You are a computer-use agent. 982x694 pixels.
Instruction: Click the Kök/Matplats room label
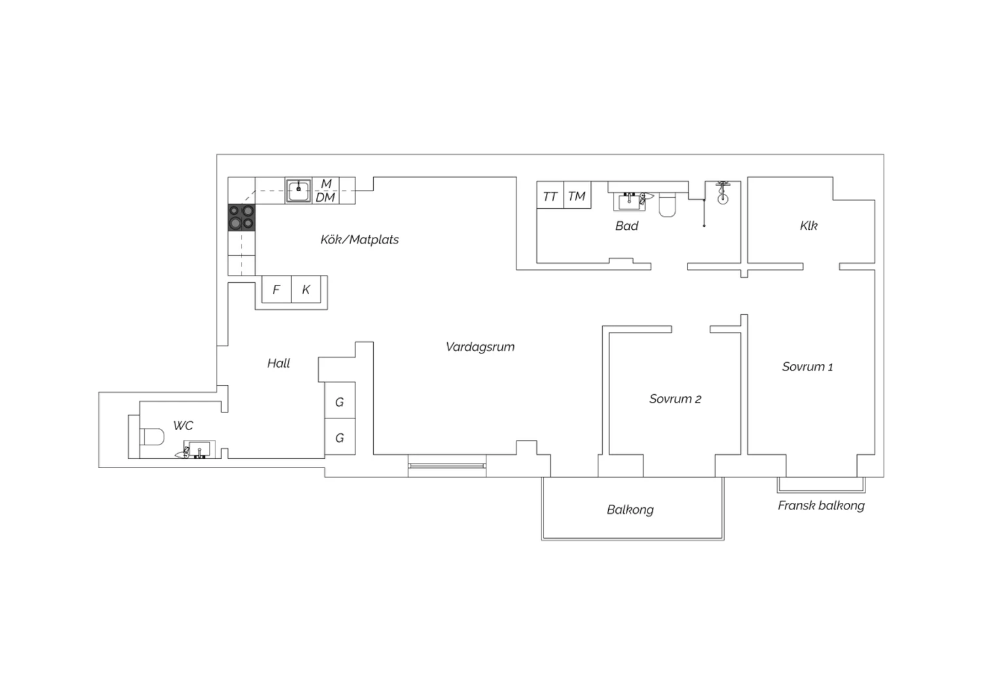click(x=359, y=240)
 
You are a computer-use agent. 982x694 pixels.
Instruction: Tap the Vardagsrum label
click(x=480, y=347)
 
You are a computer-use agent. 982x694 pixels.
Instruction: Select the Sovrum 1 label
click(x=807, y=367)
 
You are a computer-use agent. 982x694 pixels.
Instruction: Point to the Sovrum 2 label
click(x=675, y=399)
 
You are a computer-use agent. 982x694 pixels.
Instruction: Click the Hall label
click(x=278, y=363)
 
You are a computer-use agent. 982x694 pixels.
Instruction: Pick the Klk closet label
click(x=809, y=226)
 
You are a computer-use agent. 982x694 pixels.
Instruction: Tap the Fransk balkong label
click(x=821, y=506)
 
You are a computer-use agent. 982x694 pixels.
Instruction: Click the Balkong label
click(x=630, y=509)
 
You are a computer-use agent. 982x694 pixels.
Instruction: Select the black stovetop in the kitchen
click(x=242, y=217)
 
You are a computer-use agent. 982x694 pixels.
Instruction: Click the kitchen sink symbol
click(x=299, y=191)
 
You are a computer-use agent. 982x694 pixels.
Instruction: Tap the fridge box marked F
click(x=277, y=289)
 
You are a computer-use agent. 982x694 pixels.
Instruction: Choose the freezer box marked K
click(x=306, y=289)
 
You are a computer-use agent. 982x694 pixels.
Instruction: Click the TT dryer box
click(x=550, y=195)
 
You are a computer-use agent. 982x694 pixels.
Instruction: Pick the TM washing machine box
click(x=577, y=195)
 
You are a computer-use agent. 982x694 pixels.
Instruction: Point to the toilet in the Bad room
click(x=667, y=205)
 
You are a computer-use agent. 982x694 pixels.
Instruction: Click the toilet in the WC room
click(x=152, y=437)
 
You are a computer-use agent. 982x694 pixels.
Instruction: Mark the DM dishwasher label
click(x=325, y=198)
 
